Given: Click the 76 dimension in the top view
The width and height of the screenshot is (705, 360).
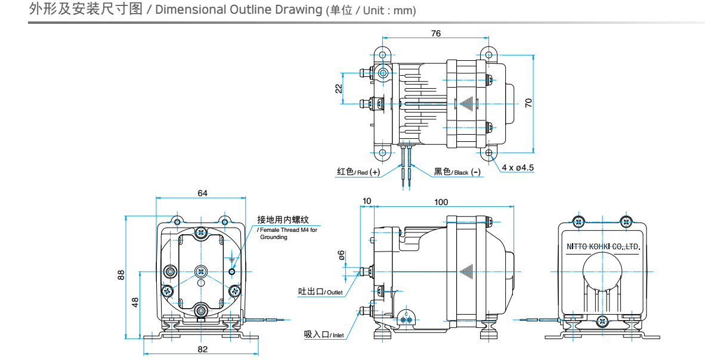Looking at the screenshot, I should (435, 33).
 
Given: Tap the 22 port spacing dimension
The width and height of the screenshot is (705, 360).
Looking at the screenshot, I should (338, 88).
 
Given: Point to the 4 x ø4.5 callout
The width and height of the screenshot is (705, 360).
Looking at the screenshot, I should (518, 167).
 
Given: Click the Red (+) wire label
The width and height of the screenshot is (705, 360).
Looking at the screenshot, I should (358, 172).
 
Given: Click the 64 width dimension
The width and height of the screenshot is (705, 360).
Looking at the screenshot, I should (202, 193).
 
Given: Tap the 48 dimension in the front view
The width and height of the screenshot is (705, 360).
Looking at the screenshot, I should (135, 302).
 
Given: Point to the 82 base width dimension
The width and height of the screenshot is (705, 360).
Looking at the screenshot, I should (202, 349).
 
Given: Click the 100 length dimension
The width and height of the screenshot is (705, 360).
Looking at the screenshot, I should (441, 202).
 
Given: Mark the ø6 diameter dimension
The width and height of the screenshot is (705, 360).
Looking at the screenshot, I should (341, 255).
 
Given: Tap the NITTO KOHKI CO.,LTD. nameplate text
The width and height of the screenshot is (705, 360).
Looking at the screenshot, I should (602, 246).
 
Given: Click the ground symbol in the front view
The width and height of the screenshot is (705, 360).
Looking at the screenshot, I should (231, 260).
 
